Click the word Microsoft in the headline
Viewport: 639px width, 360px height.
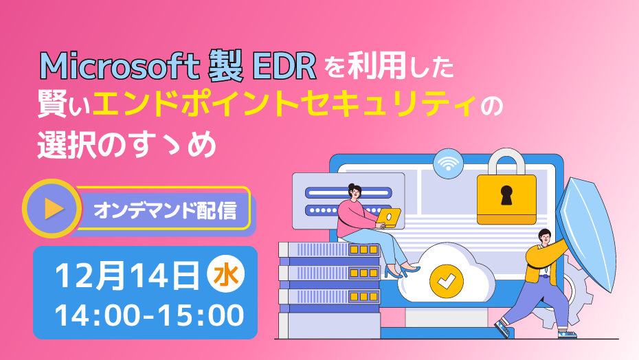(x=120, y=67)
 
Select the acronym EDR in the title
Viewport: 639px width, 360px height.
(x=284, y=67)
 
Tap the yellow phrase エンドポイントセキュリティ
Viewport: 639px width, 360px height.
(x=284, y=105)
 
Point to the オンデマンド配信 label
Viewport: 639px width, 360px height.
(x=165, y=210)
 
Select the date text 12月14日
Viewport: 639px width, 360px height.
(x=128, y=276)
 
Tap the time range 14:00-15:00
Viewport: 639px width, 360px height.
(x=150, y=315)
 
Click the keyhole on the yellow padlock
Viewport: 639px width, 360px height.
(x=506, y=195)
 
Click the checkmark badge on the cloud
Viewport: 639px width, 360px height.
(x=446, y=280)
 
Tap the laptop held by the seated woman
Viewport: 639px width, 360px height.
(x=388, y=218)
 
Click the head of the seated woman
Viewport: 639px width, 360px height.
(x=354, y=192)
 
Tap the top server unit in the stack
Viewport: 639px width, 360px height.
(x=329, y=250)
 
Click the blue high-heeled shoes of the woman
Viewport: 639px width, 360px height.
(x=402, y=271)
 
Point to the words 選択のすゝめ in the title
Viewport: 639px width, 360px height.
(x=126, y=145)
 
